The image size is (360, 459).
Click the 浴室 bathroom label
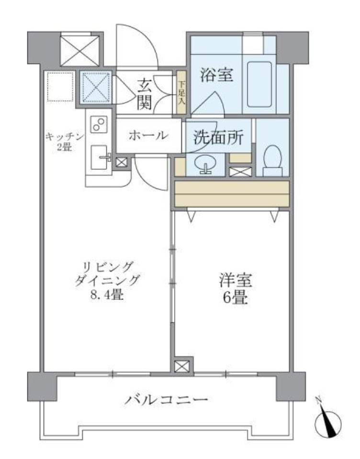coord(217,76)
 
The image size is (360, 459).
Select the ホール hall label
coord(148,135)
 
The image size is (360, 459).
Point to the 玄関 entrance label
coord(145,94)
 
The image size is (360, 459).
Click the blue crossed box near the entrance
coord(96,87)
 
